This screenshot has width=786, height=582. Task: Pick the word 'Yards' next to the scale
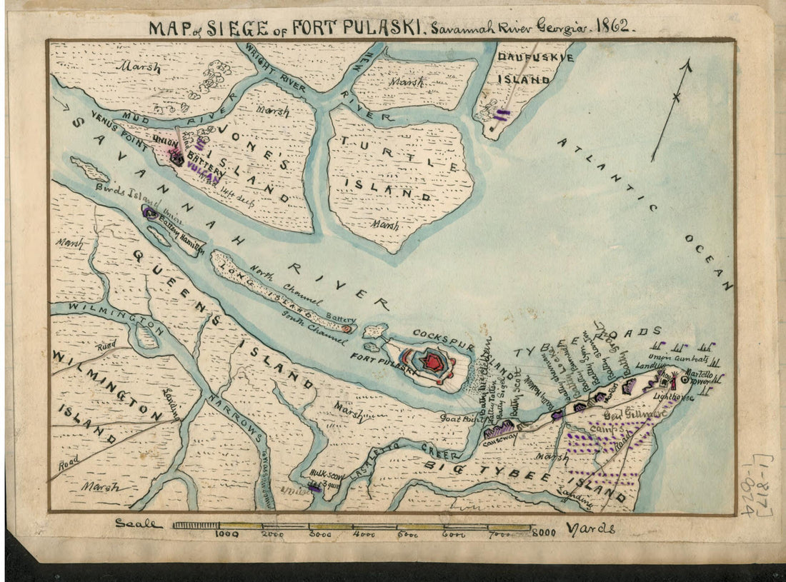(x=589, y=529)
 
